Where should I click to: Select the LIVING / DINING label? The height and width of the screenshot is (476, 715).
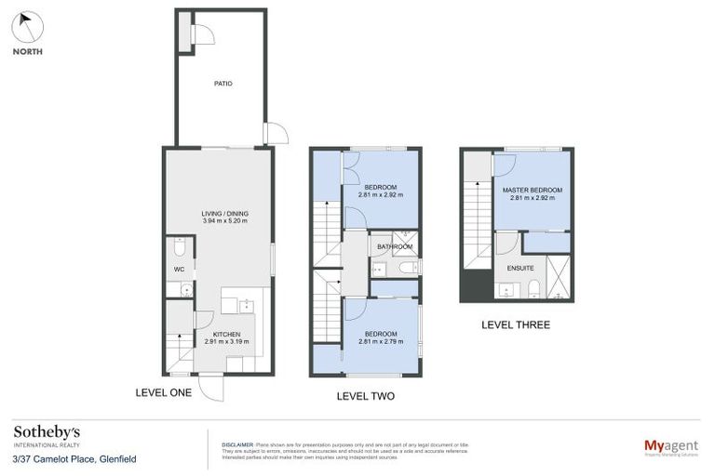tap(224, 213)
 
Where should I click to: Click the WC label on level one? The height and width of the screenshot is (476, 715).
tap(180, 271)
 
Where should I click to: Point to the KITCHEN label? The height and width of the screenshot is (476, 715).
tap(226, 334)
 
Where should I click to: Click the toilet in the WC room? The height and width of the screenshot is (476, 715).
tap(181, 247)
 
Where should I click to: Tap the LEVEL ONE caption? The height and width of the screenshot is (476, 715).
tap(163, 392)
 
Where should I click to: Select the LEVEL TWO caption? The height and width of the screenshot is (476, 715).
tap(365, 396)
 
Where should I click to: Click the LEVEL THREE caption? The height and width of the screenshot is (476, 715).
tap(515, 325)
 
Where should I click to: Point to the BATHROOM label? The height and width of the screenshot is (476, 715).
tap(395, 246)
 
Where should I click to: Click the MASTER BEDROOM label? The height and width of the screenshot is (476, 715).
tap(532, 191)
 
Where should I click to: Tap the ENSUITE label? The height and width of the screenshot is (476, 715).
tap(520, 268)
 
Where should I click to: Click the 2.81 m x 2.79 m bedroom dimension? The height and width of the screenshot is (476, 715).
tap(381, 341)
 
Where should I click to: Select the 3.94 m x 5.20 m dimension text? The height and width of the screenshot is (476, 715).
tap(224, 221)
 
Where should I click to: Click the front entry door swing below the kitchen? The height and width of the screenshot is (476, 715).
tap(211, 388)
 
